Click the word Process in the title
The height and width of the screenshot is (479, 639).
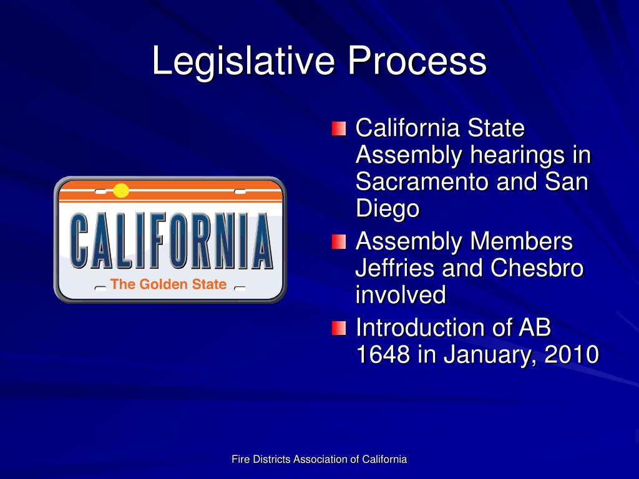tap(417, 62)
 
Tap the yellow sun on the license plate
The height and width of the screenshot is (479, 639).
tap(121, 191)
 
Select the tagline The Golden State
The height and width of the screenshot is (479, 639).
tap(168, 284)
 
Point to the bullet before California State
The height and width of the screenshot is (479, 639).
tap(338, 128)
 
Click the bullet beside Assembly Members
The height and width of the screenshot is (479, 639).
tap(338, 241)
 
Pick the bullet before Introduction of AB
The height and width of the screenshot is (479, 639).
tap(338, 327)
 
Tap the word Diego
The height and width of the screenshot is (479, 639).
tap(387, 209)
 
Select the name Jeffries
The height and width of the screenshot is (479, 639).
tap(395, 268)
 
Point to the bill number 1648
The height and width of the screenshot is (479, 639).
tap(383, 355)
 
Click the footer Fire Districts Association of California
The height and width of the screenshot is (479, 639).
tap(319, 460)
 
